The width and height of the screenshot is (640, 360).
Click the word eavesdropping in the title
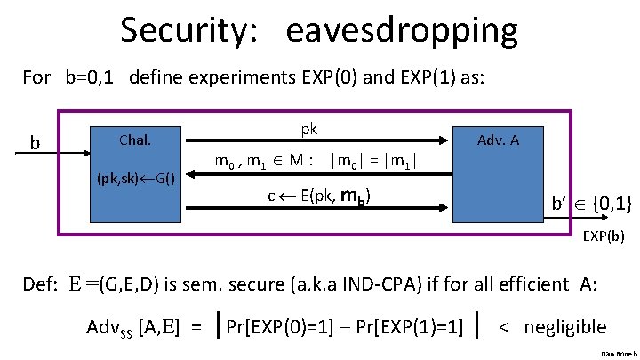tap(402, 31)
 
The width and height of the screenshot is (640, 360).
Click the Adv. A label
tap(498, 140)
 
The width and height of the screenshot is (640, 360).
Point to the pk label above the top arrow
tap(308, 129)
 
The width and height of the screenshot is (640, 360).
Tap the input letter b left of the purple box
tap(35, 142)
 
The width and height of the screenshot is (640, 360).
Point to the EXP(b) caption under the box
tap(603, 237)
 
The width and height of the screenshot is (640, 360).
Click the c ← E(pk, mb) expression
tap(319, 196)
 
